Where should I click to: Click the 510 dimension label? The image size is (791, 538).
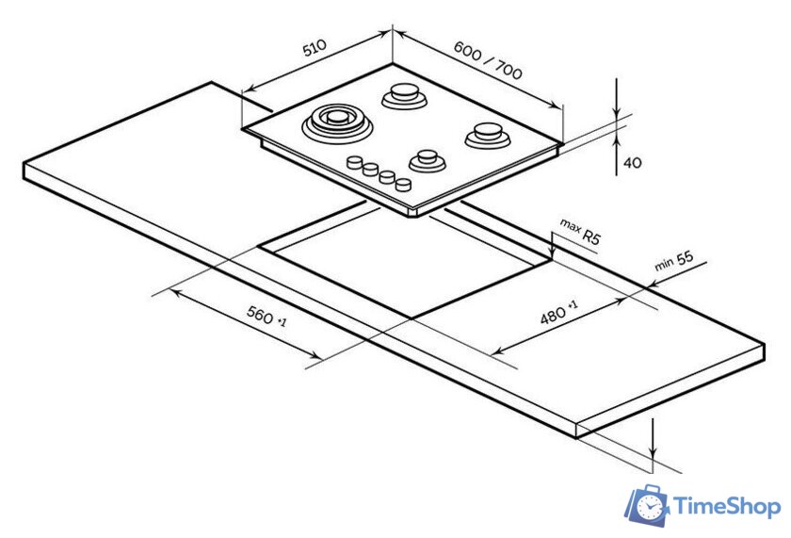tap(315, 47)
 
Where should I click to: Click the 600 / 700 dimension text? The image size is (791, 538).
tap(488, 60)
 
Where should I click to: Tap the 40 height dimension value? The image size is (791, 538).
tap(633, 162)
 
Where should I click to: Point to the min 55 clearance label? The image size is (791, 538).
tap(674, 260)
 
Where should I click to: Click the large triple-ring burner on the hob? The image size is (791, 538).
tap(337, 122)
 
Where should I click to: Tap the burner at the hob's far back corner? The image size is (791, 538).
tap(405, 95)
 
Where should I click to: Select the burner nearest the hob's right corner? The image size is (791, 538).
tap(488, 135)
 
